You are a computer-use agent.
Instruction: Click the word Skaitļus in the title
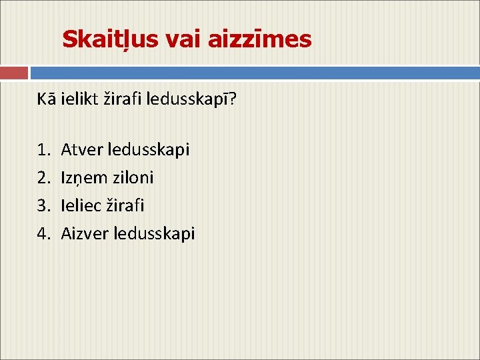tap(110, 40)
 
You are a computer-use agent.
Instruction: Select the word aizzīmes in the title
tap(259, 39)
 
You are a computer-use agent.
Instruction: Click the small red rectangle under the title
tap(14, 73)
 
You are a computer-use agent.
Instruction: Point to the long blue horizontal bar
tap(255, 73)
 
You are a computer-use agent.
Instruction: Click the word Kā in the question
tap(46, 99)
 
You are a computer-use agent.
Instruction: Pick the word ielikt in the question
tap(79, 99)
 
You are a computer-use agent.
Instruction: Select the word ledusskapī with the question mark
tap(191, 99)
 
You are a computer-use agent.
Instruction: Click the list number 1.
tap(43, 150)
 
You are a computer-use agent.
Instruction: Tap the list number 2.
tap(43, 177)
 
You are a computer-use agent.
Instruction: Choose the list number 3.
tap(43, 205)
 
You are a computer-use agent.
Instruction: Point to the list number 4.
tap(43, 233)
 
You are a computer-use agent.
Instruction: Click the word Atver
tap(82, 150)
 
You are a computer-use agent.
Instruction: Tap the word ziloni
tap(133, 177)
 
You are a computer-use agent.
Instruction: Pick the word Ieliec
tap(81, 205)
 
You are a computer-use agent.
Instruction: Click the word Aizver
tap(85, 233)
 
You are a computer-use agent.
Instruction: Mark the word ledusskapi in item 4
tap(154, 234)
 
